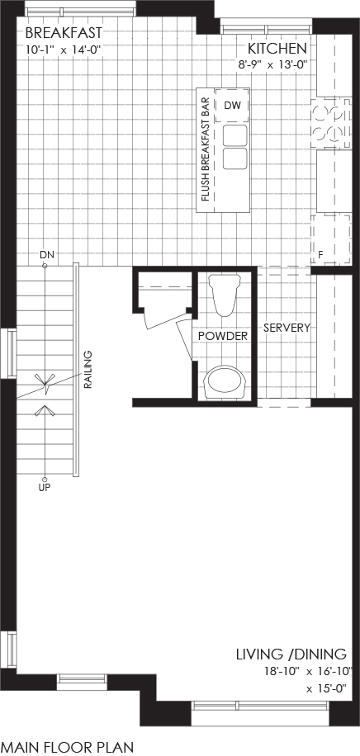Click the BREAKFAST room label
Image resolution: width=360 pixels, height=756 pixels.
point(64,33)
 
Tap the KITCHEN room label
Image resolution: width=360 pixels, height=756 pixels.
point(277,49)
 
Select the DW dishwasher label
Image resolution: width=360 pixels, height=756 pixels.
point(232,106)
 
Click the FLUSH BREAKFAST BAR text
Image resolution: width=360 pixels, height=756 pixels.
point(204,149)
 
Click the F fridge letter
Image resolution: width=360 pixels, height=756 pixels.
point(320,255)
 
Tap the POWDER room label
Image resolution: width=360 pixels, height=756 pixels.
point(222,336)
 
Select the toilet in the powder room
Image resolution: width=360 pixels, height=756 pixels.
point(225,295)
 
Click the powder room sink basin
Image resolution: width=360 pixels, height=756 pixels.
point(225,381)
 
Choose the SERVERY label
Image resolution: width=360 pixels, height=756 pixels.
point(287,328)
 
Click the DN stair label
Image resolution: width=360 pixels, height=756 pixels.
point(45,254)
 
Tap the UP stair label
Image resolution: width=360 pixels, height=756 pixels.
point(45,487)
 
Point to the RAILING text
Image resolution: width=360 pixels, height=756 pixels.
point(88,370)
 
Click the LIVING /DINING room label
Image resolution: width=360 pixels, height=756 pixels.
point(291,654)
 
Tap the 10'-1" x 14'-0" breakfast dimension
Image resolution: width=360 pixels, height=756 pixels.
point(64,50)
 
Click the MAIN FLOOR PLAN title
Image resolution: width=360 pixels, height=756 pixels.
point(67,748)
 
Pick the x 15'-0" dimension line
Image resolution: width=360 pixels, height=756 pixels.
point(327,689)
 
